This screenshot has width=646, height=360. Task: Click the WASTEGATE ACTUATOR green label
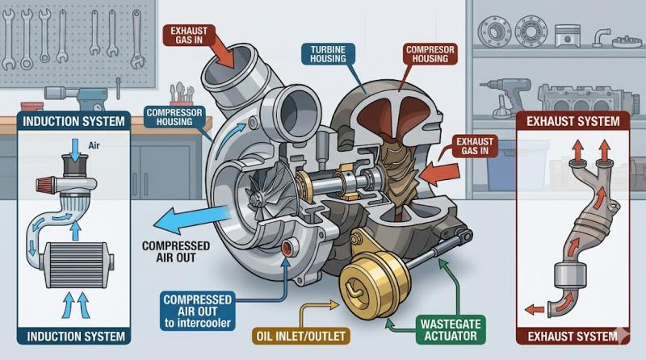tap(451, 329)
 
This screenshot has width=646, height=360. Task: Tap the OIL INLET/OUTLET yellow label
tap(300, 336)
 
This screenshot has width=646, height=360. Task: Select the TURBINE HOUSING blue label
tap(328, 54)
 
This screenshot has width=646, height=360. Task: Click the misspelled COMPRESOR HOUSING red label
tap(430, 54)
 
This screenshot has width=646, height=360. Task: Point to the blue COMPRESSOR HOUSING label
tap(174, 117)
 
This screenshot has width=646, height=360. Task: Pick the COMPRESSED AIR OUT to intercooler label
tap(197, 311)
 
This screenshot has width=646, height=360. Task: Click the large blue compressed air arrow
tap(191, 219)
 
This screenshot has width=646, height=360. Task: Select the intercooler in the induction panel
tap(75, 265)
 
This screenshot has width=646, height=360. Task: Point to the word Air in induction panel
tap(94, 145)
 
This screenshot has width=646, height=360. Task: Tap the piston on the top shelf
tap(567, 36)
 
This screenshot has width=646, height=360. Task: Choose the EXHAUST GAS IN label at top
tap(189, 36)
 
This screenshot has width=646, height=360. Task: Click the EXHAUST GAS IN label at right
tap(475, 146)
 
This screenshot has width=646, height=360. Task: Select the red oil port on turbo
tap(287, 248)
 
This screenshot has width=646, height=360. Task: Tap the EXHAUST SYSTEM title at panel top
tap(573, 121)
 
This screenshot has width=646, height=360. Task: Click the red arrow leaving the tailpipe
tap(535, 309)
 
